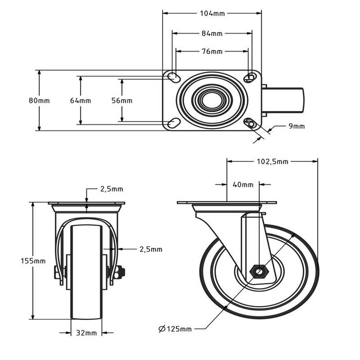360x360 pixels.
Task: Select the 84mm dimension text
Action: [212, 34]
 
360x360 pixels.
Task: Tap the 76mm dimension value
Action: [212, 51]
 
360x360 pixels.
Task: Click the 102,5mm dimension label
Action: [271, 161]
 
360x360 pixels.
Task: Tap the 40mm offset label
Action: [243, 184]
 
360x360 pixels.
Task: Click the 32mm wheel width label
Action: [86, 333]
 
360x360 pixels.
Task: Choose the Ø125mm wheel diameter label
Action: [175, 329]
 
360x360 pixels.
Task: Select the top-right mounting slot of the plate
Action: [250, 78]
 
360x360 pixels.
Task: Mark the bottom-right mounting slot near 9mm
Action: [250, 123]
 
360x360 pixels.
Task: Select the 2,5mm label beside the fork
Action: [151, 249]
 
